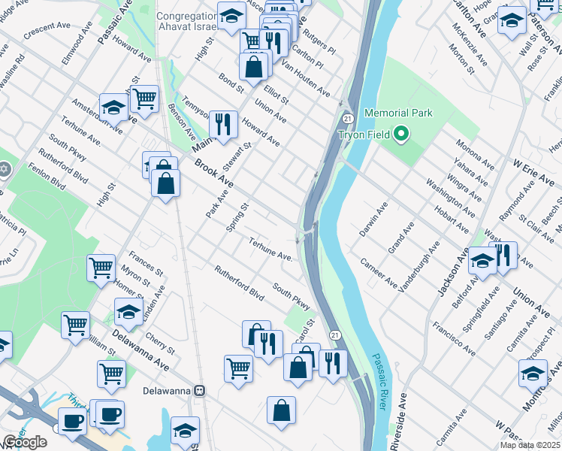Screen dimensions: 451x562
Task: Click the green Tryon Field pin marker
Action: click(401, 135)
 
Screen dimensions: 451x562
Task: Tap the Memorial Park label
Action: click(398, 113)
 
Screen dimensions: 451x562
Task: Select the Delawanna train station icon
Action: click(200, 391)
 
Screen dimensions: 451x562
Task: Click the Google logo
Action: click(25, 442)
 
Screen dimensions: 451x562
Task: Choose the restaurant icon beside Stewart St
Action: click(223, 124)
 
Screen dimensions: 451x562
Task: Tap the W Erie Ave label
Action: click(533, 172)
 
